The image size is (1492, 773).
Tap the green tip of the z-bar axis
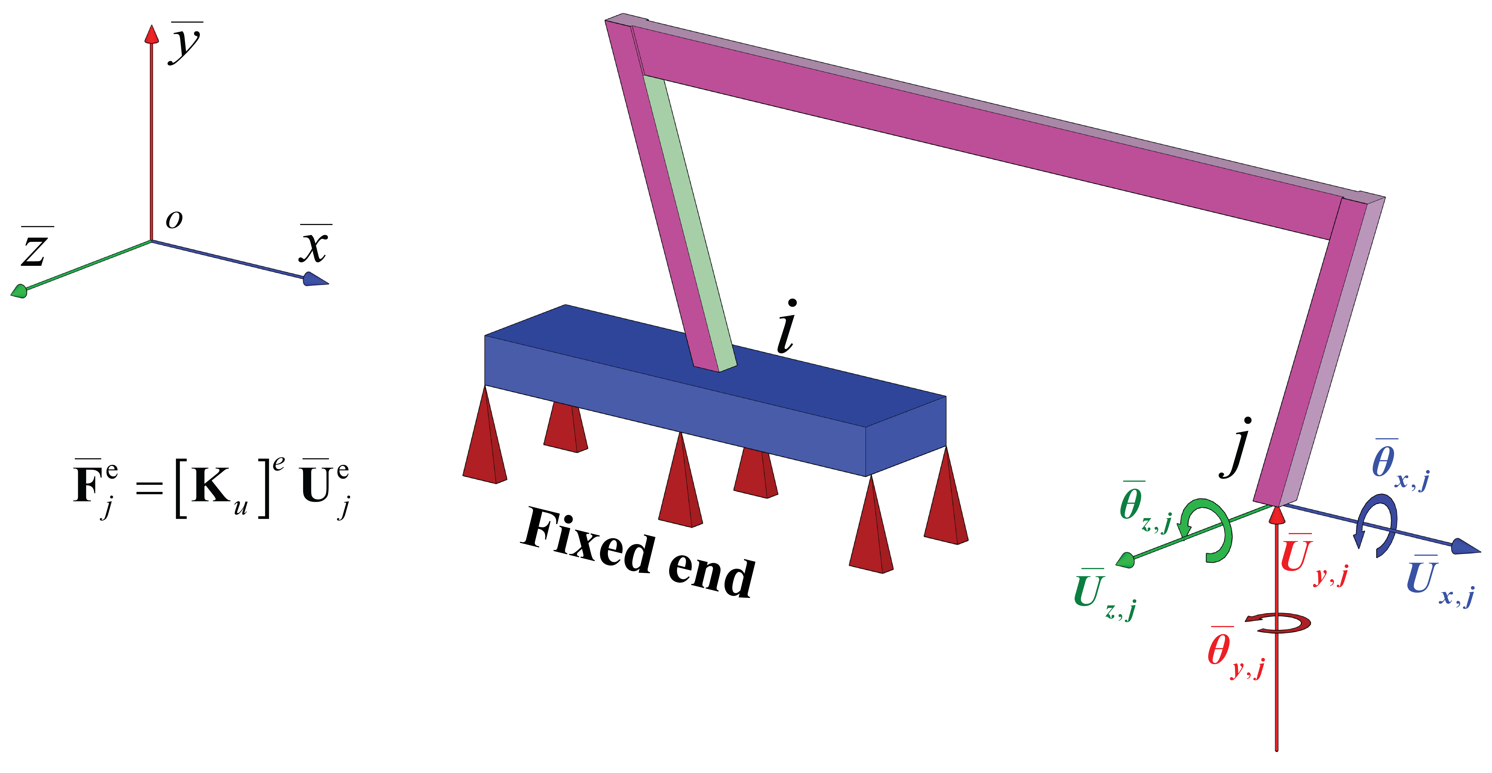[19, 291]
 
